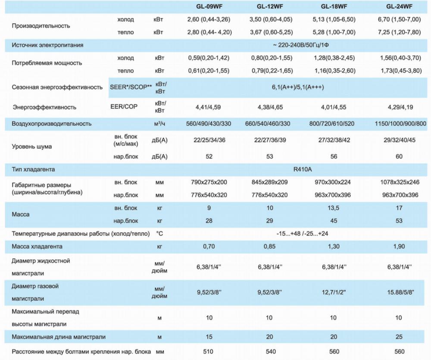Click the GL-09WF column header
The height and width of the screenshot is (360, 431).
click(209, 7)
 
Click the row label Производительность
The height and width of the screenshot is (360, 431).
click(41, 26)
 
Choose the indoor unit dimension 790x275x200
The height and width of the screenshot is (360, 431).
click(209, 182)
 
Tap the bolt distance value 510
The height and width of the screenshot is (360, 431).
click(209, 352)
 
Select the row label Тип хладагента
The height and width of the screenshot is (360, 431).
click(34, 169)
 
